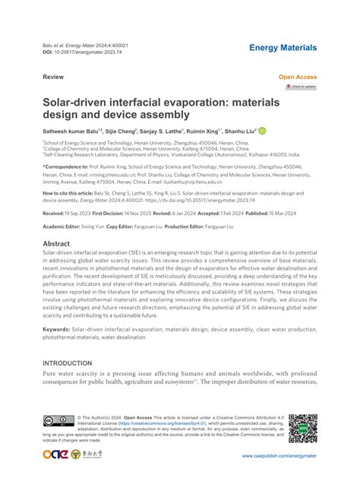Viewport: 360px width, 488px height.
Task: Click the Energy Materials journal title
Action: tap(283, 48)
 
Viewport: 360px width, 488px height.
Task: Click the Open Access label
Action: tap(298, 78)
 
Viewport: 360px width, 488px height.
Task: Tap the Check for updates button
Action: tap(301, 87)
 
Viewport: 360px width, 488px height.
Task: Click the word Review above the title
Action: tap(53, 78)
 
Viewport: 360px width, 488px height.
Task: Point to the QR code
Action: tap(302, 429)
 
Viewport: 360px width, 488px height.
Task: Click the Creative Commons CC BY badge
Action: tap(58, 421)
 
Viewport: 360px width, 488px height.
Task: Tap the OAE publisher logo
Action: tap(58, 455)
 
